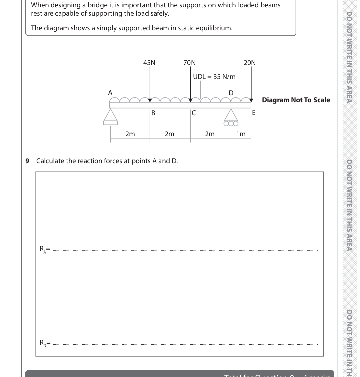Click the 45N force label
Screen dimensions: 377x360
(149, 63)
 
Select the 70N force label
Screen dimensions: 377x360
(189, 63)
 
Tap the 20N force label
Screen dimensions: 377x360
(250, 63)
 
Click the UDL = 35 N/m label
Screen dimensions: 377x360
(214, 77)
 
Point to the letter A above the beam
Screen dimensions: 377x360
(110, 92)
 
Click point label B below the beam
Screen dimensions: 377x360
(153, 113)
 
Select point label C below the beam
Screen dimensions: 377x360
(193, 113)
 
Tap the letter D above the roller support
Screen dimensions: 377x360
(231, 92)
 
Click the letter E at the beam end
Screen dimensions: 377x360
(254, 113)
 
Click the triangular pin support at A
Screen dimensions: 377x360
(110, 117)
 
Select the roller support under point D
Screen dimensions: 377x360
(231, 118)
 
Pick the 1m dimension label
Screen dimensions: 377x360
(241, 134)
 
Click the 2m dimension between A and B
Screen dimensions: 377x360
(130, 134)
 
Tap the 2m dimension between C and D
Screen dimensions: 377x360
(210, 134)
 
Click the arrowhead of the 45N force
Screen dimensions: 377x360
(150, 100)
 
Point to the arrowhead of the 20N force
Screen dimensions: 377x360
(251, 100)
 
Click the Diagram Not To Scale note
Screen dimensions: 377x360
(296, 100)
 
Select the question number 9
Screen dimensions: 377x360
(27, 161)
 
